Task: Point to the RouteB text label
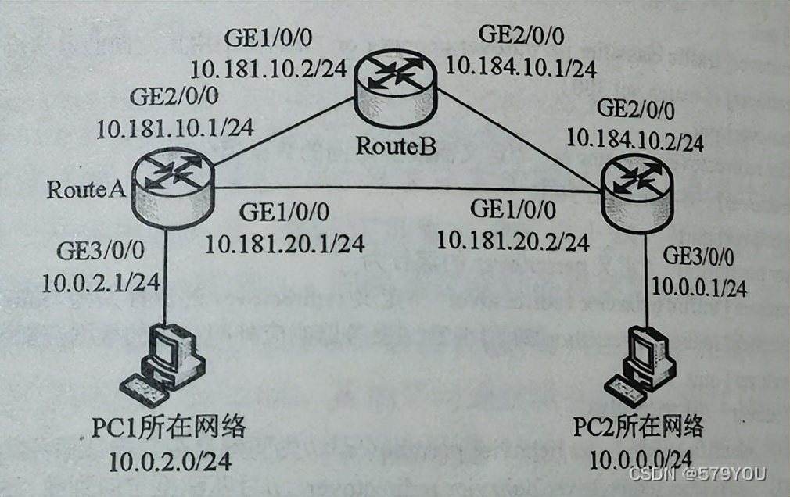point(395,145)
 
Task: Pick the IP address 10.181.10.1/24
point(175,127)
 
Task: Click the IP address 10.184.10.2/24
point(635,141)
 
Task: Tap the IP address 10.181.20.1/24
point(285,244)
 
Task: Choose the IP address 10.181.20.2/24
point(512,241)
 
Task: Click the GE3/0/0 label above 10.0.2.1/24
point(100,251)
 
